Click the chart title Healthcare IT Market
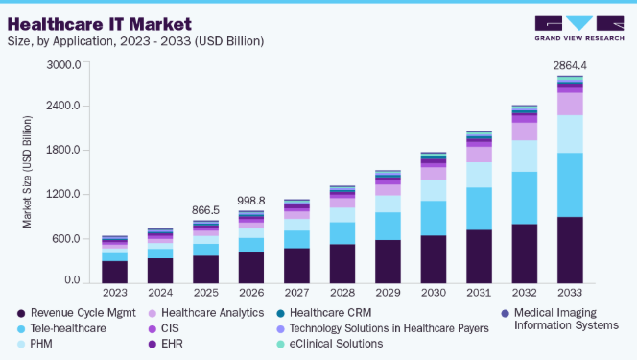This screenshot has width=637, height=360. pos(100,24)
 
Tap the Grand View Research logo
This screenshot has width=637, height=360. pos(579,29)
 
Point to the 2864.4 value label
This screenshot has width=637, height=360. pos(570,65)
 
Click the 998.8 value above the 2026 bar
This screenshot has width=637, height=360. pos(251,201)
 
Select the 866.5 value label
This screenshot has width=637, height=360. pos(205,210)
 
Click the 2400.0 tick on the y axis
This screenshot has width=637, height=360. pos(63,106)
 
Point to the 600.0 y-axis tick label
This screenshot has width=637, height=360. pos(66,238)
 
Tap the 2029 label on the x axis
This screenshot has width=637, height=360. pos(388,293)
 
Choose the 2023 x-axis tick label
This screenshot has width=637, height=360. pos(114,293)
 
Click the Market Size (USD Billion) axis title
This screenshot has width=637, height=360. pos(27,172)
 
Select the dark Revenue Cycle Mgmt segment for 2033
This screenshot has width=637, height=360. pos(570,250)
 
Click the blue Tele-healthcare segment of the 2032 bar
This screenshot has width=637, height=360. pos(525,198)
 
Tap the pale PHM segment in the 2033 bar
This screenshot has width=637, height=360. pos(570,134)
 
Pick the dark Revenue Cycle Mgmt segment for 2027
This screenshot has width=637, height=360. pos(296,266)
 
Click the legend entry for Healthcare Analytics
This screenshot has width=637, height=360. pos(206,313)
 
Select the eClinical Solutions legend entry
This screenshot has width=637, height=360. pos(329,344)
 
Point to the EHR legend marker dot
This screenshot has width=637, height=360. pos(153,344)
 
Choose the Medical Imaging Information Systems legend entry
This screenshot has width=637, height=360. pos(560,319)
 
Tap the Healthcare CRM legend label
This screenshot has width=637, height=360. pos(330,313)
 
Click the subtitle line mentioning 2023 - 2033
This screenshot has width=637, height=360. pos(135,41)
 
